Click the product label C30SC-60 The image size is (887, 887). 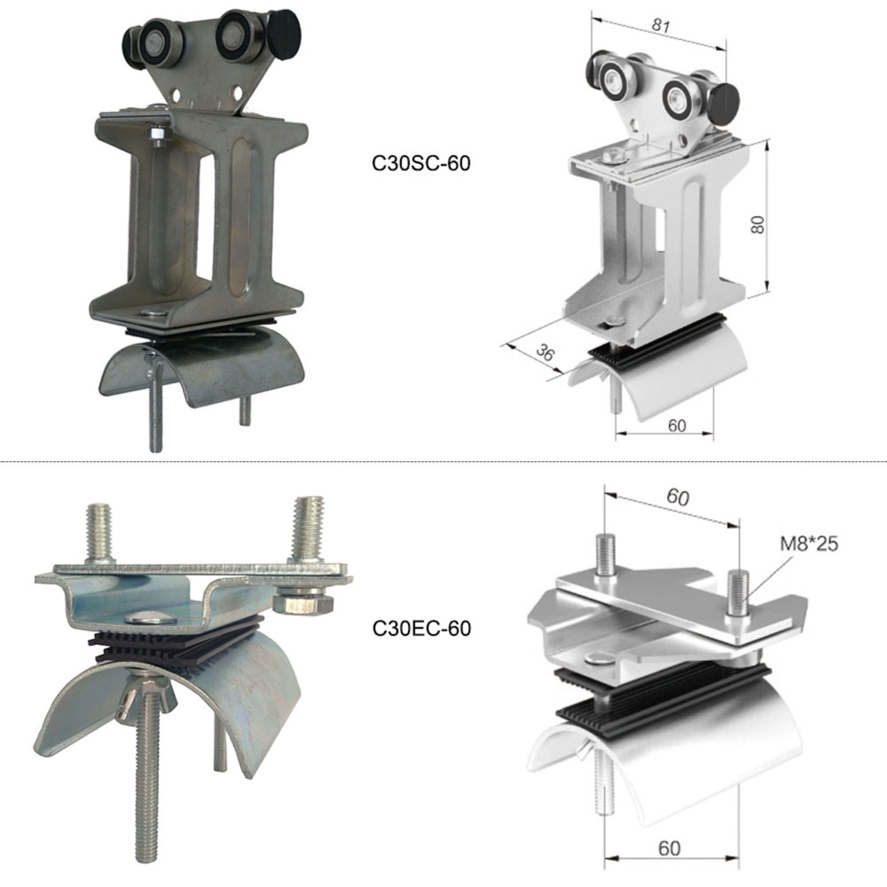click(x=421, y=164)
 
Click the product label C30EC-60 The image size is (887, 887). click(x=421, y=628)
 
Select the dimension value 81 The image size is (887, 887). click(x=660, y=25)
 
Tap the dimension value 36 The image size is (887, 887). click(x=546, y=352)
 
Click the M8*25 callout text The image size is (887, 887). click(x=809, y=544)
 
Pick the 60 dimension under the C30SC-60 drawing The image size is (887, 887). click(x=677, y=426)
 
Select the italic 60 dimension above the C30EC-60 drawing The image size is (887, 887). click(x=678, y=497)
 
